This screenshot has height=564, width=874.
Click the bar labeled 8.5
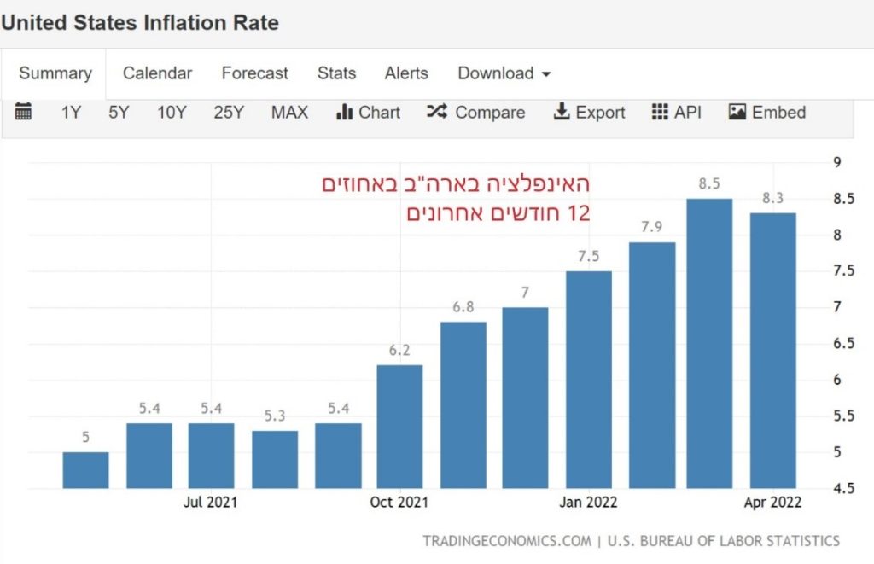709,343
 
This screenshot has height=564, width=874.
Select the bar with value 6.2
399,427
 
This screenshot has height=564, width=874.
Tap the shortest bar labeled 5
85,470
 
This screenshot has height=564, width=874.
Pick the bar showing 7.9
652,365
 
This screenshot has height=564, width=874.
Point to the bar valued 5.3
274,459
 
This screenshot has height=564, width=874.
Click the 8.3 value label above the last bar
772,198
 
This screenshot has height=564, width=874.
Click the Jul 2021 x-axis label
210,503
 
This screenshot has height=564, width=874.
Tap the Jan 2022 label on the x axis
588,503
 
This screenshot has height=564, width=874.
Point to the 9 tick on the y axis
836,163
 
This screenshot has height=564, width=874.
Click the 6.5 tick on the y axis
842,343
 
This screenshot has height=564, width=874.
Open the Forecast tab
254,73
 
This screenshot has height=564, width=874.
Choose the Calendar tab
157,73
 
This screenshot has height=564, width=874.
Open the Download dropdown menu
504,73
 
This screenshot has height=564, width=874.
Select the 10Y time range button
172,113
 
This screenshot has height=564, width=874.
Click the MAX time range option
289,113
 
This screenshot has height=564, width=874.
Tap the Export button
589,113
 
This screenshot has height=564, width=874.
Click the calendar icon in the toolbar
24,112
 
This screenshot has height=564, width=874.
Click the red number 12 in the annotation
579,213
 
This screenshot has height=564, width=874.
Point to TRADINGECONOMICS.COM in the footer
506,541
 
